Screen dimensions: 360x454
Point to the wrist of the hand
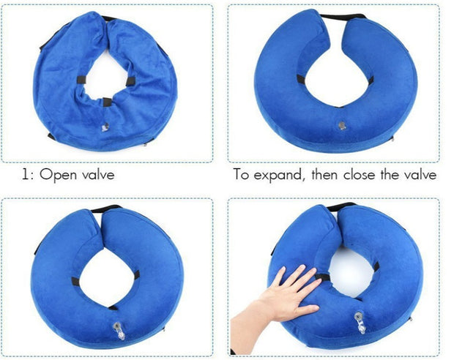[245, 333]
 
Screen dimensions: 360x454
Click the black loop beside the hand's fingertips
[323, 277]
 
